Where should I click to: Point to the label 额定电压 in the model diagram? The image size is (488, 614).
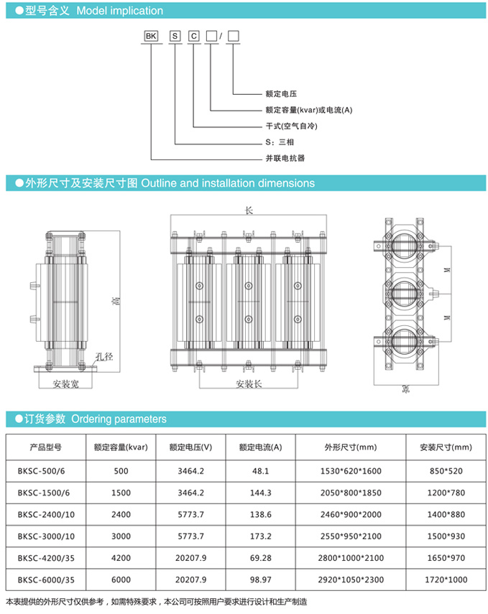[281, 94]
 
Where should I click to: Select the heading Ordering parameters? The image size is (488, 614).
[119, 419]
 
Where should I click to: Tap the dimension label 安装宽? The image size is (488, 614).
[67, 383]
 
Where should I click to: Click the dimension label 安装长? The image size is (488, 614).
[249, 383]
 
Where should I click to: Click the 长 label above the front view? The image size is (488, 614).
[249, 211]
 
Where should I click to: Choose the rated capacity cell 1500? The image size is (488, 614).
[121, 493]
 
